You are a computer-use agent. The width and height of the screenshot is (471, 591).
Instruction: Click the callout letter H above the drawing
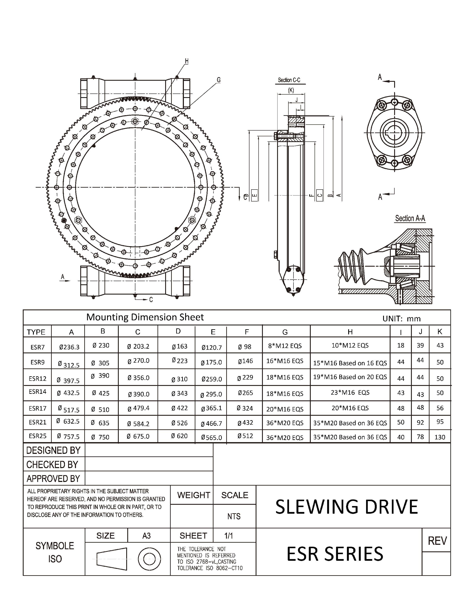(187, 61)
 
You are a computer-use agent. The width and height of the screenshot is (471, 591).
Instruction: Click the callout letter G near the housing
(219, 80)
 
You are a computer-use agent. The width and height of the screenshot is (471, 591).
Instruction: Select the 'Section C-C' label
(289, 80)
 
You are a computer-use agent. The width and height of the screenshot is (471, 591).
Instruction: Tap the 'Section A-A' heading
(410, 219)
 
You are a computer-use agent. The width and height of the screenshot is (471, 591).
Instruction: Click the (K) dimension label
(291, 90)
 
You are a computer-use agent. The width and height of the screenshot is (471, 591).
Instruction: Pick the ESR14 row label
(37, 392)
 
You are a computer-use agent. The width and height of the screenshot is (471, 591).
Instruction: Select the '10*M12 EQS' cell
(350, 345)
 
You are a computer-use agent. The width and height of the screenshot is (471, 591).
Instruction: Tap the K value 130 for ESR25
(440, 437)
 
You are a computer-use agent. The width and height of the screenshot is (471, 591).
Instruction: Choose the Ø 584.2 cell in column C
(138, 424)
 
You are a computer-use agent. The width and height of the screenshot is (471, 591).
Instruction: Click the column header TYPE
(36, 332)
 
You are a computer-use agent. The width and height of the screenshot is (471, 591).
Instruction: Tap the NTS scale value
(234, 517)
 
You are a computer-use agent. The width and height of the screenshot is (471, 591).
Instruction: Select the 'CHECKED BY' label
(52, 465)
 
